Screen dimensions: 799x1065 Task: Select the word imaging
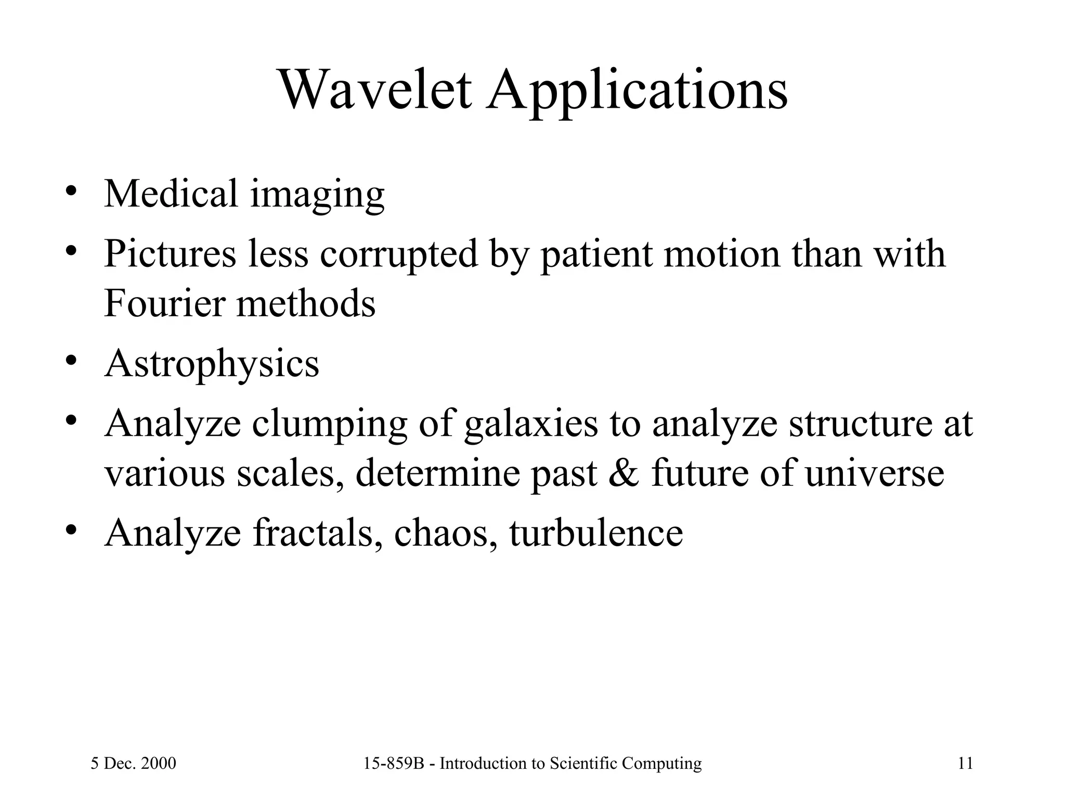(x=317, y=195)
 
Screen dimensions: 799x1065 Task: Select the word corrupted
(x=398, y=254)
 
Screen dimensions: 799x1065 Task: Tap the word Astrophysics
(x=211, y=364)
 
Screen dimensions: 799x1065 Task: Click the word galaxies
(x=531, y=423)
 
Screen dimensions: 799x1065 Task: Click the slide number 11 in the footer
(x=965, y=764)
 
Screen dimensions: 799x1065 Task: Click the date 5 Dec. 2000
(x=133, y=764)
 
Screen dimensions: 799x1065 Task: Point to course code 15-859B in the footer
(x=397, y=764)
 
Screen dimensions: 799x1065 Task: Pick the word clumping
(x=330, y=424)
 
